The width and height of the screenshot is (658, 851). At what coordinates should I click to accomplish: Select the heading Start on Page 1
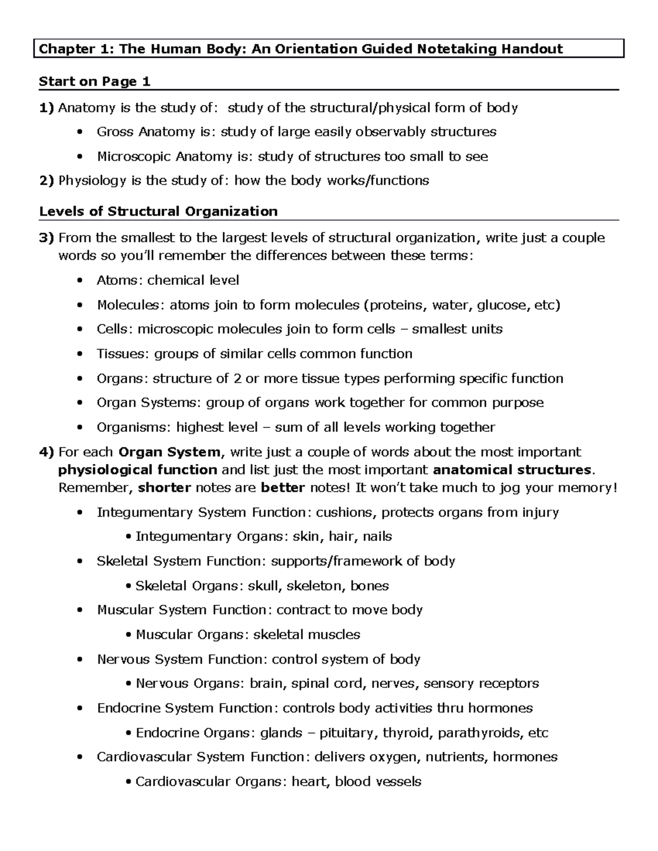94,82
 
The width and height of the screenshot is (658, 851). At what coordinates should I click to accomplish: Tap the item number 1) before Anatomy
47,107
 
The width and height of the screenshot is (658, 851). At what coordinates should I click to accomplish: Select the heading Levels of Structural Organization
158,212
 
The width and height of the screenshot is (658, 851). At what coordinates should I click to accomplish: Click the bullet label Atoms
119,281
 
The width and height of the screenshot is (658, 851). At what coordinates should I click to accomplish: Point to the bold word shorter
164,488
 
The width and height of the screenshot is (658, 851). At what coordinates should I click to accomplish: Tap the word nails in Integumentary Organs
377,536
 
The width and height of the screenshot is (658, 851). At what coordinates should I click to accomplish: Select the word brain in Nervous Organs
266,683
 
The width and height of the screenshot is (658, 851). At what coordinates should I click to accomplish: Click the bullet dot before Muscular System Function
81,610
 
